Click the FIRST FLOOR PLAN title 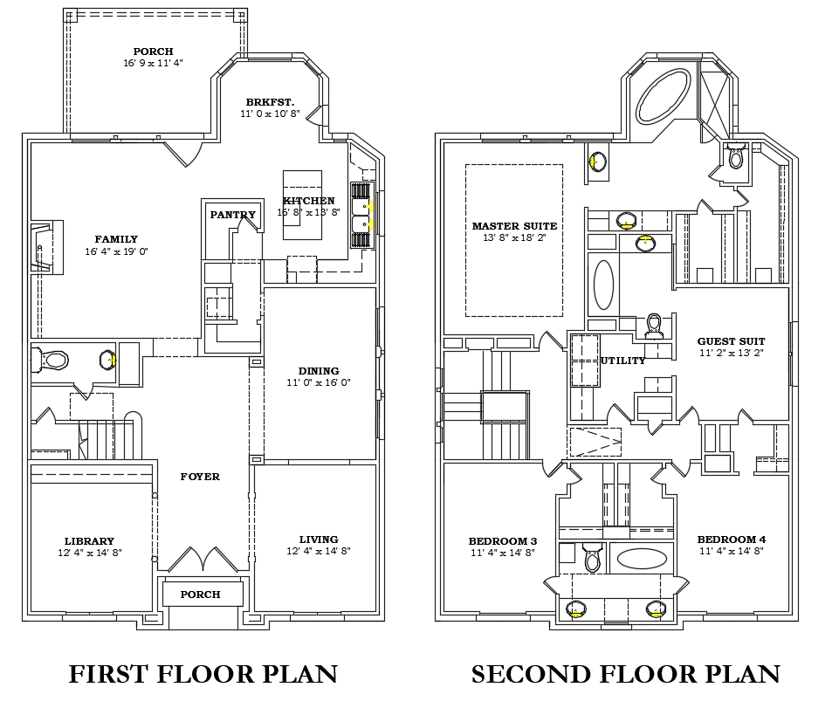pos(203,674)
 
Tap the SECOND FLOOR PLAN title pos(625,674)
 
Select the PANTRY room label pos(233,215)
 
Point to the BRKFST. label pos(271,102)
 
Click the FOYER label pos(200,477)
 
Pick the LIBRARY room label pos(89,541)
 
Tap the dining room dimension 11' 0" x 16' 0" pos(319,382)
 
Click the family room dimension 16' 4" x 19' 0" pos(116,251)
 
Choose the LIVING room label pos(319,540)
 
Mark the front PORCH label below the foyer pos(200,595)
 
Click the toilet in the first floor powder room pos(50,361)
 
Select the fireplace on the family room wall pos(46,247)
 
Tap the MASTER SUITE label pos(515,226)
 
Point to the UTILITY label pos(622,361)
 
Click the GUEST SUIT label pos(731,340)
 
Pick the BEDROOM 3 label pos(503,541)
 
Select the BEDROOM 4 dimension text pos(732,551)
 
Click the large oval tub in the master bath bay pos(664,96)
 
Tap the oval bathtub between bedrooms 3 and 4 pos(642,559)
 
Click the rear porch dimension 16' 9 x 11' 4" pos(153,63)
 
